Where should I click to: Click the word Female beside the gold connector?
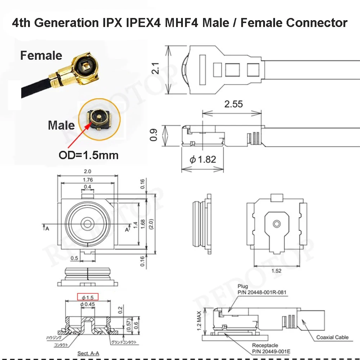click(x=41, y=55)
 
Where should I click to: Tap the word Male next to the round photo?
click(x=61, y=125)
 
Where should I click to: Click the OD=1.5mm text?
click(x=89, y=156)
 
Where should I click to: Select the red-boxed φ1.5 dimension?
click(x=88, y=297)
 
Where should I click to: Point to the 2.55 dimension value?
click(x=233, y=104)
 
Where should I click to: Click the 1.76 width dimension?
click(x=87, y=180)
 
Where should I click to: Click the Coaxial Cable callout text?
click(x=332, y=337)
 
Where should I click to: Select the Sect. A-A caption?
click(x=89, y=353)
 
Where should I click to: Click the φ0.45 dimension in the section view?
click(x=87, y=305)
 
